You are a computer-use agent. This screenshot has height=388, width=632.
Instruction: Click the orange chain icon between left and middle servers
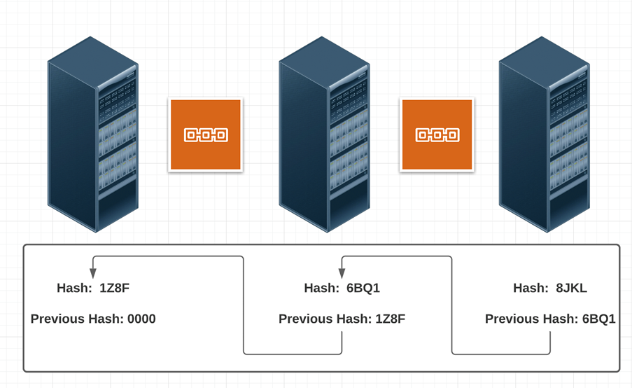[206, 134]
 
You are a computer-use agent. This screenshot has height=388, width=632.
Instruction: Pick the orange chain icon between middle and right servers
[437, 134]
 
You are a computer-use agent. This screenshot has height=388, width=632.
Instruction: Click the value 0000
[141, 319]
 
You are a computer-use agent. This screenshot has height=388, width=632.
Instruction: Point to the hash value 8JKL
[571, 288]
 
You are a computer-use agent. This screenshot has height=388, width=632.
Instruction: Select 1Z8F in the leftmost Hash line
[114, 288]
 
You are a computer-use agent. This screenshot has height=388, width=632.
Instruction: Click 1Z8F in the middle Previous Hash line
[390, 319]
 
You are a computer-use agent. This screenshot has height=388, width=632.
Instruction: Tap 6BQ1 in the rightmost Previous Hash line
[598, 319]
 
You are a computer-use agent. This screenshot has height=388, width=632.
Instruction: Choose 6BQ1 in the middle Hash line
[363, 288]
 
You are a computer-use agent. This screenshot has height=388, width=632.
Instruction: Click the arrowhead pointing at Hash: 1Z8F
[93, 272]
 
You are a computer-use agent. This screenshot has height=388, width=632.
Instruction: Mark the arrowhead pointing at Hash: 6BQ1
[342, 272]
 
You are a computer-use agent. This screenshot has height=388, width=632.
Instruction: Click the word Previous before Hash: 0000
[58, 319]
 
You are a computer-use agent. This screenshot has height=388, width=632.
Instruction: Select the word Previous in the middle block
[307, 319]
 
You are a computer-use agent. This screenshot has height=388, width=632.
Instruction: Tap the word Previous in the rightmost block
[513, 319]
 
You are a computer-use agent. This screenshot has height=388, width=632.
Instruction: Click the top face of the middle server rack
[323, 60]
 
